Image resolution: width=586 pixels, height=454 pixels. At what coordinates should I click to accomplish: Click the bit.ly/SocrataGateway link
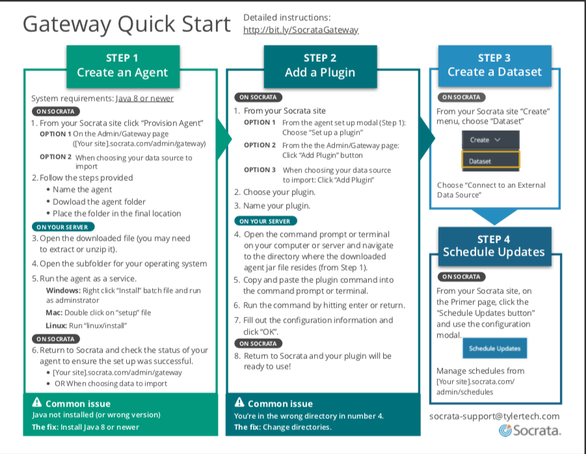[x=301, y=30]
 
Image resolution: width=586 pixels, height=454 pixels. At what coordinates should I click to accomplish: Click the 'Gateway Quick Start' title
[x=127, y=25]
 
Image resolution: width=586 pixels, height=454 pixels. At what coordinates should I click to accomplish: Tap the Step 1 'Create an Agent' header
[x=123, y=66]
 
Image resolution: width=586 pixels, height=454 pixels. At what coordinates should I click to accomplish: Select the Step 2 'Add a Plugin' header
[x=320, y=66]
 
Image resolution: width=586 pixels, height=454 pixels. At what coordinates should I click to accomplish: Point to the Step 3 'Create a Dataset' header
[x=495, y=66]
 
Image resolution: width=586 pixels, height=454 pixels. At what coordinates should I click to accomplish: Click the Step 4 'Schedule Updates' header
[x=495, y=247]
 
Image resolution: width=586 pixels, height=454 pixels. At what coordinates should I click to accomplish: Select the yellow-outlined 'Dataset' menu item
[x=490, y=161]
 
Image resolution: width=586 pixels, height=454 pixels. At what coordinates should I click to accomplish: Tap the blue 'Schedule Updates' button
[x=495, y=348]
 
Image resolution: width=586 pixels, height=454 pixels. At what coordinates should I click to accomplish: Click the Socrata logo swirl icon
[x=505, y=431]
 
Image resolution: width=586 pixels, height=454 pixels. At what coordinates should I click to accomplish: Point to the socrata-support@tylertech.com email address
[x=494, y=416]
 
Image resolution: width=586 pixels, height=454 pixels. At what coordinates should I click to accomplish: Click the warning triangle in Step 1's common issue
[x=37, y=402]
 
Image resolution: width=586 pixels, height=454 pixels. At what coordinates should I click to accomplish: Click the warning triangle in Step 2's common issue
[x=239, y=402]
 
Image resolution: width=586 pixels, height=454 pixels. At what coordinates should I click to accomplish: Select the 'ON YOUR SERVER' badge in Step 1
[x=63, y=227]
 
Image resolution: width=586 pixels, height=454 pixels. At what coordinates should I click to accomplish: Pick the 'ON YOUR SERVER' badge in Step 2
[x=265, y=221]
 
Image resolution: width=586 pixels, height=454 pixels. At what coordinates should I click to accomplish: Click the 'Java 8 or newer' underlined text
[x=144, y=98]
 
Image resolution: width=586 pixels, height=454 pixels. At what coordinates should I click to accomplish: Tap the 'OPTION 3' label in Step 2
[x=260, y=170]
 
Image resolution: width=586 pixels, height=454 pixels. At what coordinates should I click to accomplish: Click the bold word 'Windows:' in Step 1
[x=63, y=290]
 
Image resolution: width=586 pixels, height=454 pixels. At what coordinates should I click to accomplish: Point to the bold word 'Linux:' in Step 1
[x=57, y=325]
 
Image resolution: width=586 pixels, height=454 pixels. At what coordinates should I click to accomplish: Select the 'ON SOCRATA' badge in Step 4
[x=462, y=276]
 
